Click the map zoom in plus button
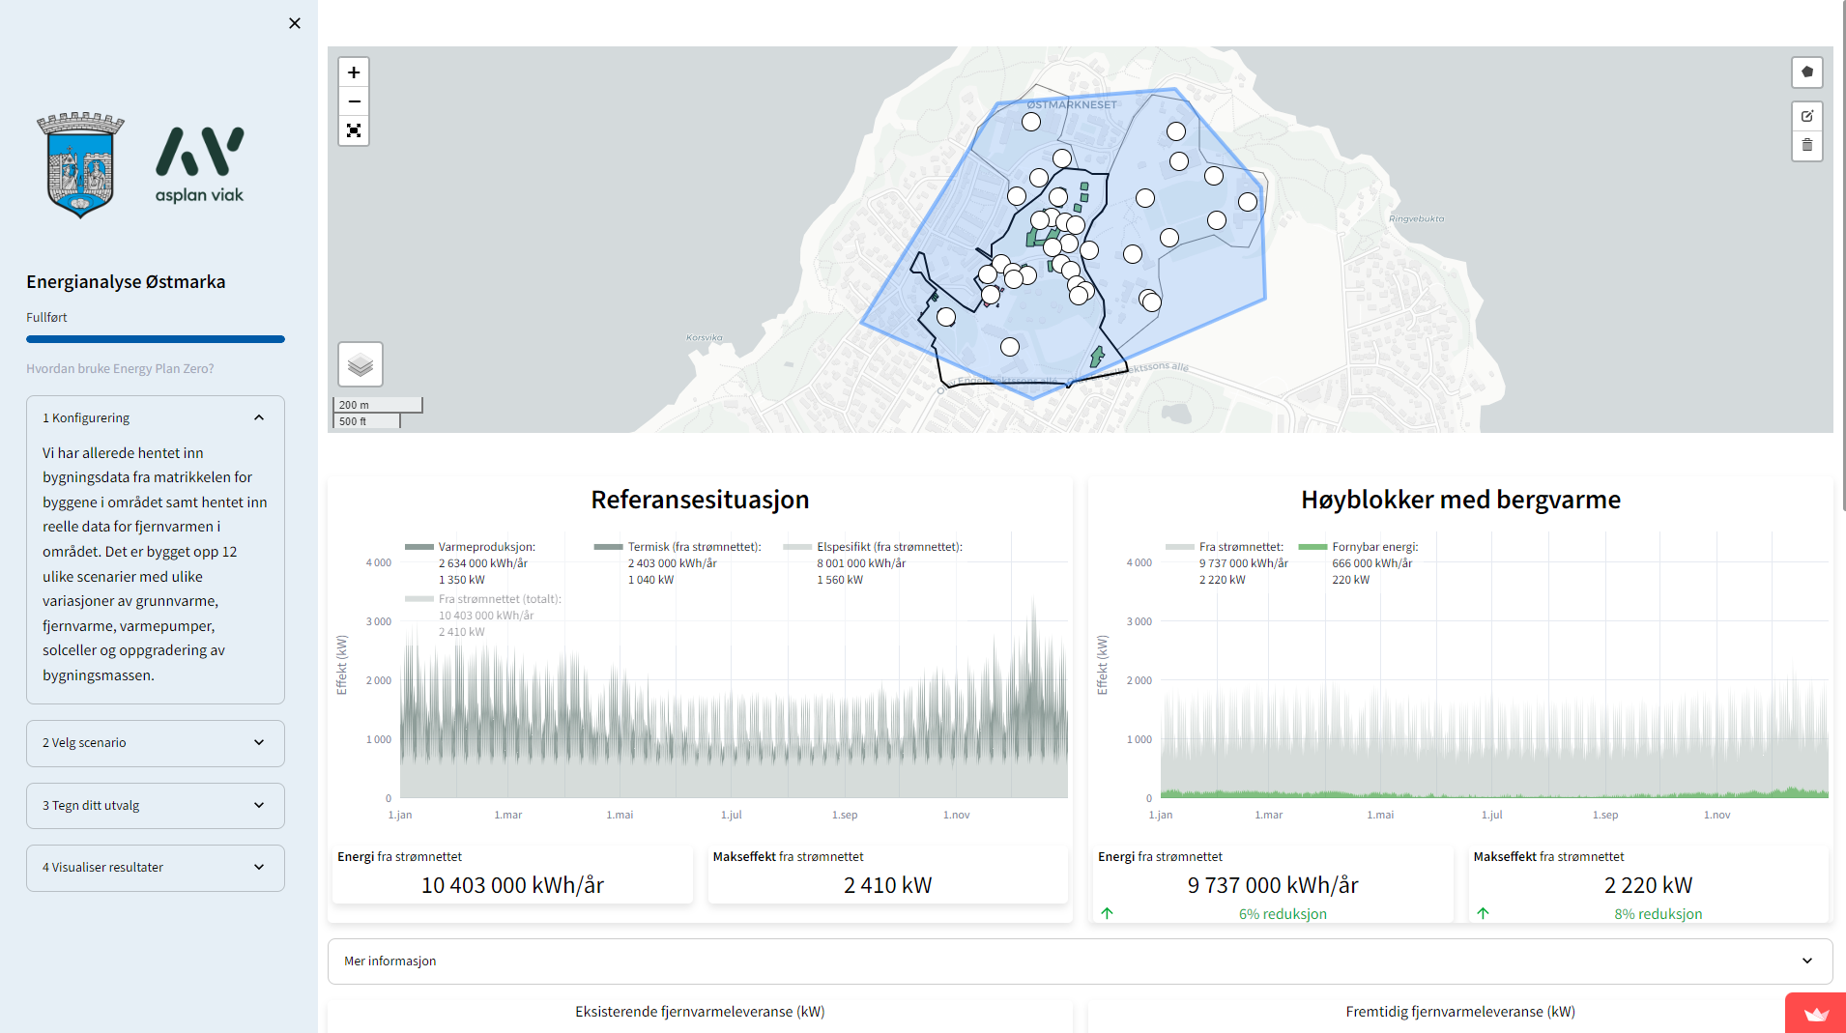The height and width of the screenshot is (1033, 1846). pos(354,72)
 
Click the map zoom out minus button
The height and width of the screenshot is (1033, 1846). pos(354,101)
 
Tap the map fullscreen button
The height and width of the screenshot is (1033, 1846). pos(354,130)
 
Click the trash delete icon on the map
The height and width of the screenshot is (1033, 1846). pos(1806,145)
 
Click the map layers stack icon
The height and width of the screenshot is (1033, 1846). pos(361,364)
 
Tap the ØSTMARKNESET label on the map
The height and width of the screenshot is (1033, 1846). pos(1071,104)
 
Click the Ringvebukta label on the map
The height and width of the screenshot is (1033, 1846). pos(1416,218)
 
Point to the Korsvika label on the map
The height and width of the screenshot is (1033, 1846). pos(704,337)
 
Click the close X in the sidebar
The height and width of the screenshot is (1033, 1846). pos(295,23)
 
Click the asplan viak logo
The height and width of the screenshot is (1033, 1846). pos(200,165)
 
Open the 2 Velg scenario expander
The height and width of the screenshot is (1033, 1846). pos(155,742)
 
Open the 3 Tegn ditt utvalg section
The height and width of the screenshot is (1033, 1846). pos(155,805)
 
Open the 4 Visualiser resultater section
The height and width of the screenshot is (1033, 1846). pos(155,867)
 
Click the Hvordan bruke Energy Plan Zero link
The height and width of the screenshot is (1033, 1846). pos(120,368)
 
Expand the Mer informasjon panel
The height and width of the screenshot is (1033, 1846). pos(1080,961)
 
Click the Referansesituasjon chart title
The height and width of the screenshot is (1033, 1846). pos(700,500)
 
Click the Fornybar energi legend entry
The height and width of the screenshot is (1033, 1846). pos(1373,547)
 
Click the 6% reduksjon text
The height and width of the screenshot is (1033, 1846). pos(1282,914)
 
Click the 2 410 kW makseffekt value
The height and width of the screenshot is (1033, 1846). pos(887,885)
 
